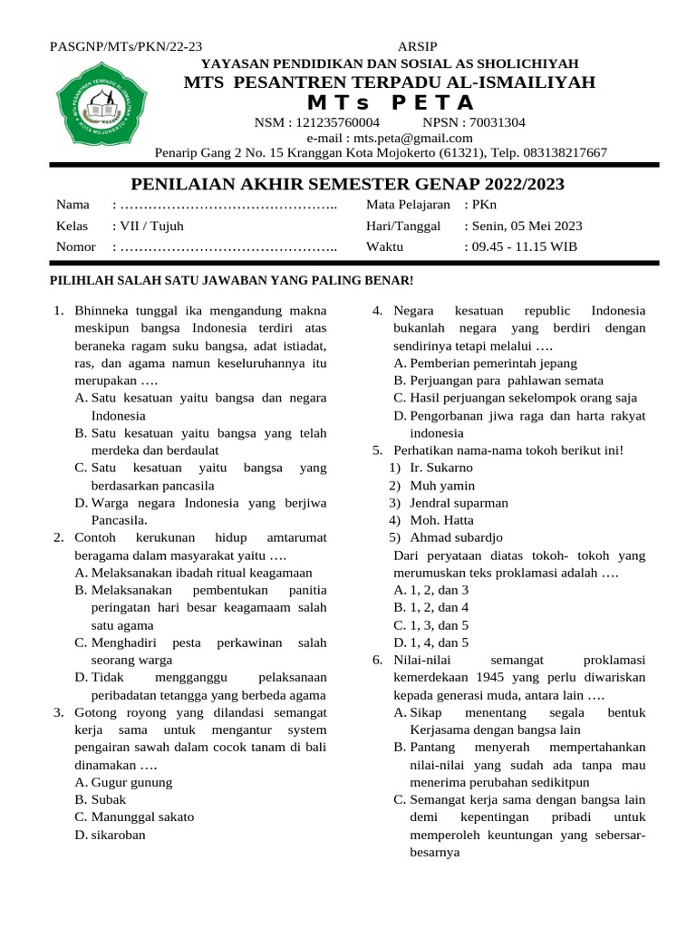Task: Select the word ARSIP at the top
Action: click(x=417, y=47)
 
